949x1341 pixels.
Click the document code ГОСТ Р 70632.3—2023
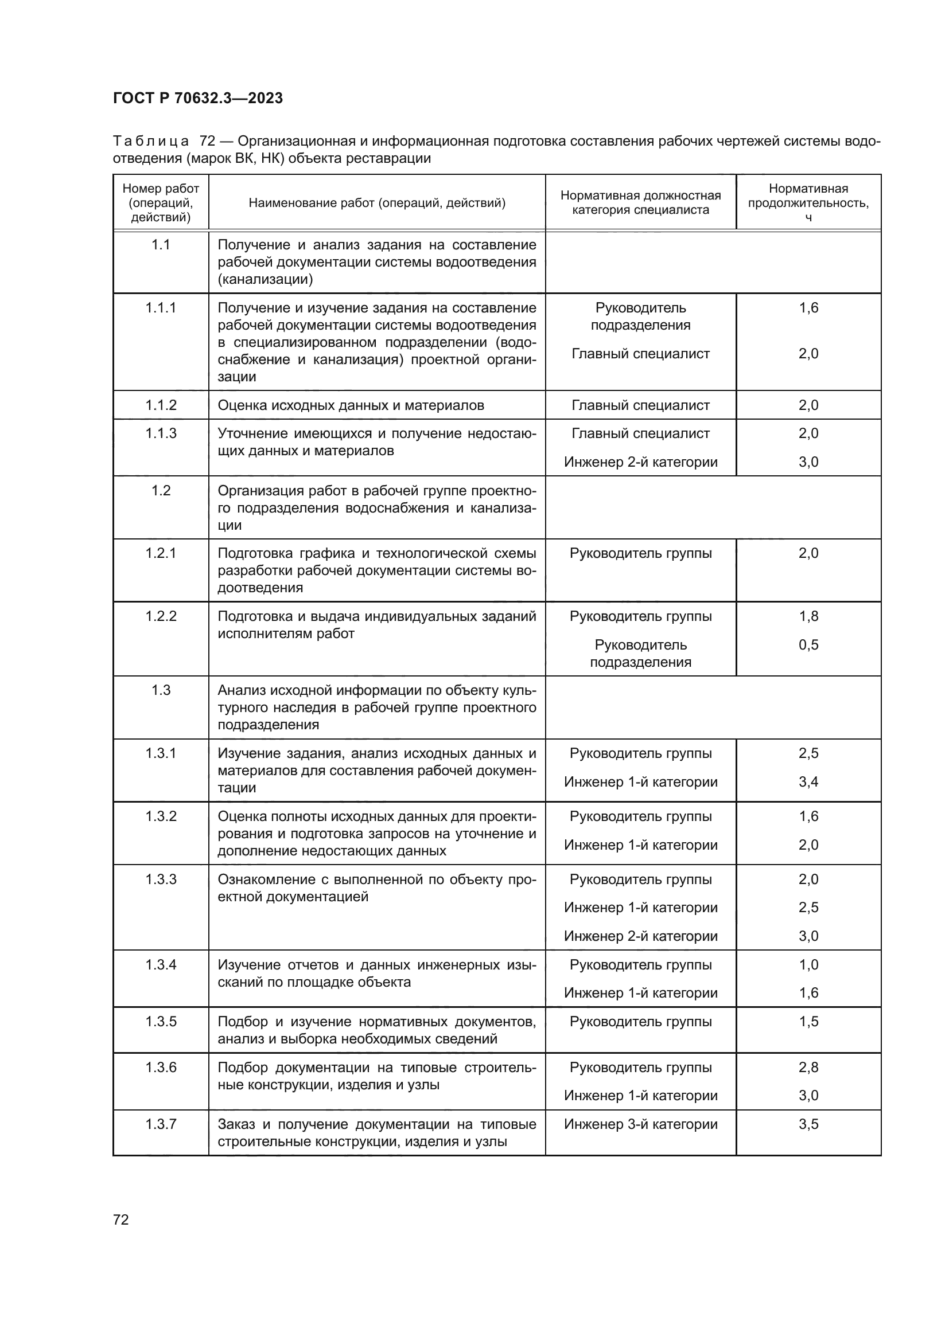(197, 98)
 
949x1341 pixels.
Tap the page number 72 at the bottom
(121, 1219)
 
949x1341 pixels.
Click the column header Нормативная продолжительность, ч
(808, 202)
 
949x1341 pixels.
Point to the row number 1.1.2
(161, 405)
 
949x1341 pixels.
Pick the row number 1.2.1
(161, 553)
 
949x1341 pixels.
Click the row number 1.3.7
(161, 1124)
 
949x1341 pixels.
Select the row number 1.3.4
(161, 965)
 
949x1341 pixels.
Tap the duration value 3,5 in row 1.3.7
(808, 1124)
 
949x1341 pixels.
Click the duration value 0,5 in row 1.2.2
(808, 645)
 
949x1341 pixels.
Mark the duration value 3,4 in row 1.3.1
(808, 781)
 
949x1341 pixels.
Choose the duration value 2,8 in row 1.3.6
(808, 1067)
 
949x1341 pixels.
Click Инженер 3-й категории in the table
(640, 1124)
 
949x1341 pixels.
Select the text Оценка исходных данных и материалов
(351, 405)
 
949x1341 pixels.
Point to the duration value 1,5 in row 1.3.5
(808, 1022)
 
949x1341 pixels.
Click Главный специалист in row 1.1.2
(640, 405)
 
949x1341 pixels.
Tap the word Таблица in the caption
(151, 142)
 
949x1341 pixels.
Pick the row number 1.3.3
(161, 879)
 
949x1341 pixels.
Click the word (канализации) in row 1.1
(265, 279)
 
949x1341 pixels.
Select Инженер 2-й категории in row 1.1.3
(640, 462)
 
